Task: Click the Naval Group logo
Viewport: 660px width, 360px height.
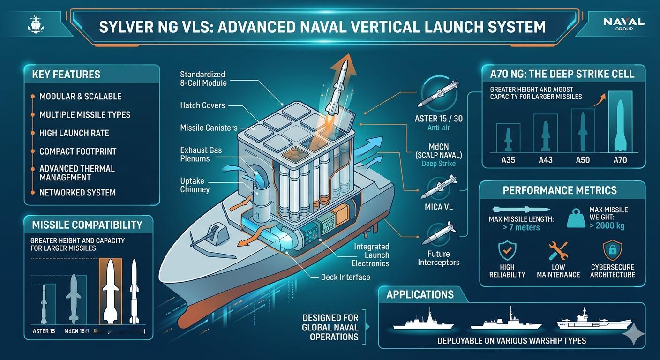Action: [x=624, y=23]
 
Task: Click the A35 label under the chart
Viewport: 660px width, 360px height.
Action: [x=508, y=160]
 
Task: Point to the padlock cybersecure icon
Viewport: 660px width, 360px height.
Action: [x=613, y=251]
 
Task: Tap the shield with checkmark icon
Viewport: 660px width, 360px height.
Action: [x=506, y=251]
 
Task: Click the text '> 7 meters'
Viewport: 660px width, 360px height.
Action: [x=514, y=228]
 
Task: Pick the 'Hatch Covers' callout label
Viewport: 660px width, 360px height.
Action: [x=202, y=105]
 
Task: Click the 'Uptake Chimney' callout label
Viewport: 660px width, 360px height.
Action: [x=195, y=185]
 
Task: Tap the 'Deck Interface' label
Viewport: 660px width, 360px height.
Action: [x=345, y=277]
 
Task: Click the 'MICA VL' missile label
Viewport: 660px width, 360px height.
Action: [x=438, y=207]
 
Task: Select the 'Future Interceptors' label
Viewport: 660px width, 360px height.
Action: [x=438, y=258]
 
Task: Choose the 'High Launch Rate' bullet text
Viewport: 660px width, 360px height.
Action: [x=74, y=133]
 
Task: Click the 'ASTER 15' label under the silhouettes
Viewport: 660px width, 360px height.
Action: [x=44, y=331]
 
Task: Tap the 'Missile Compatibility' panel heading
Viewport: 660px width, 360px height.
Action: [x=87, y=225]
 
